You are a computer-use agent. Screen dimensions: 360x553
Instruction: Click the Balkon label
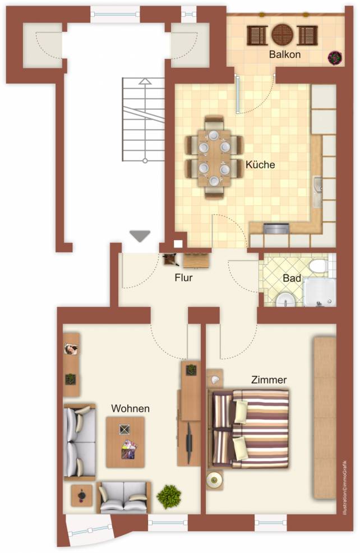[x=284, y=54]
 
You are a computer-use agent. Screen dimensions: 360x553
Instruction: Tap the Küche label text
[x=260, y=164]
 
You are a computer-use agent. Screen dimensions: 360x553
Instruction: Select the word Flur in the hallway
[x=184, y=278]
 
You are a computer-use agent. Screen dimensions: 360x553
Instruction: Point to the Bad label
[x=292, y=278]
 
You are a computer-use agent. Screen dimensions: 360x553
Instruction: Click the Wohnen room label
[x=131, y=408]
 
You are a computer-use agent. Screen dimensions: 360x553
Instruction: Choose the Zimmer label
[x=269, y=380]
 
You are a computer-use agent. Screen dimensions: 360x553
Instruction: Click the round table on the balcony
[x=283, y=35]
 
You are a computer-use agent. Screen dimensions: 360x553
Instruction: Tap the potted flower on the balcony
[x=335, y=57]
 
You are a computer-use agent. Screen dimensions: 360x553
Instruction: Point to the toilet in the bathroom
[x=319, y=266]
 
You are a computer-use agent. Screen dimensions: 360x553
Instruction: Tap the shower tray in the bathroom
[x=320, y=292]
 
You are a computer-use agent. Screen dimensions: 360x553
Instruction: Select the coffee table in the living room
[x=125, y=443]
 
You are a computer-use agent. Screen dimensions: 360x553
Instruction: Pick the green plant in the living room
[x=169, y=496]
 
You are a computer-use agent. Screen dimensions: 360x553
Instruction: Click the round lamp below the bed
[x=214, y=480]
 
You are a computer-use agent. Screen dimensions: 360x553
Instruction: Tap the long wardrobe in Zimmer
[x=325, y=418]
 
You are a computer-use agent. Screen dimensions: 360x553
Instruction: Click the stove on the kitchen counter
[x=276, y=228]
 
